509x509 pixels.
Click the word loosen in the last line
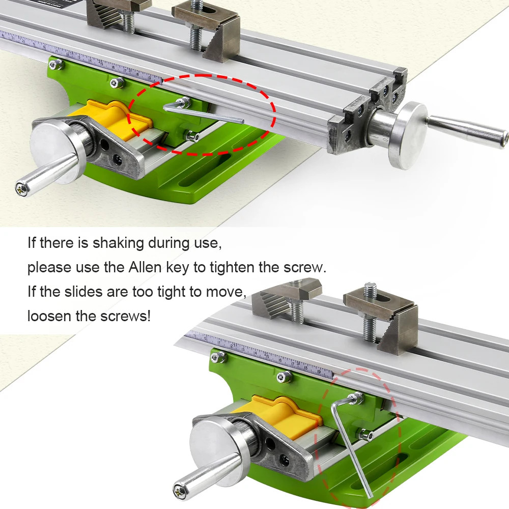(49, 316)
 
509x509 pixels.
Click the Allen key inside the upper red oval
(204, 112)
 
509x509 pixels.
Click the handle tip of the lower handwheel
(179, 490)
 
